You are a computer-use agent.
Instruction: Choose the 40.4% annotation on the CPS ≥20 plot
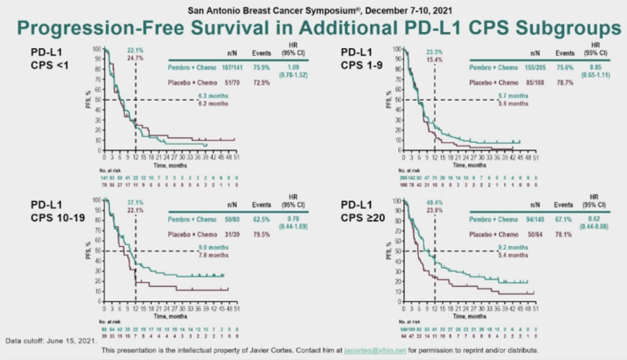pyautogui.click(x=434, y=202)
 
